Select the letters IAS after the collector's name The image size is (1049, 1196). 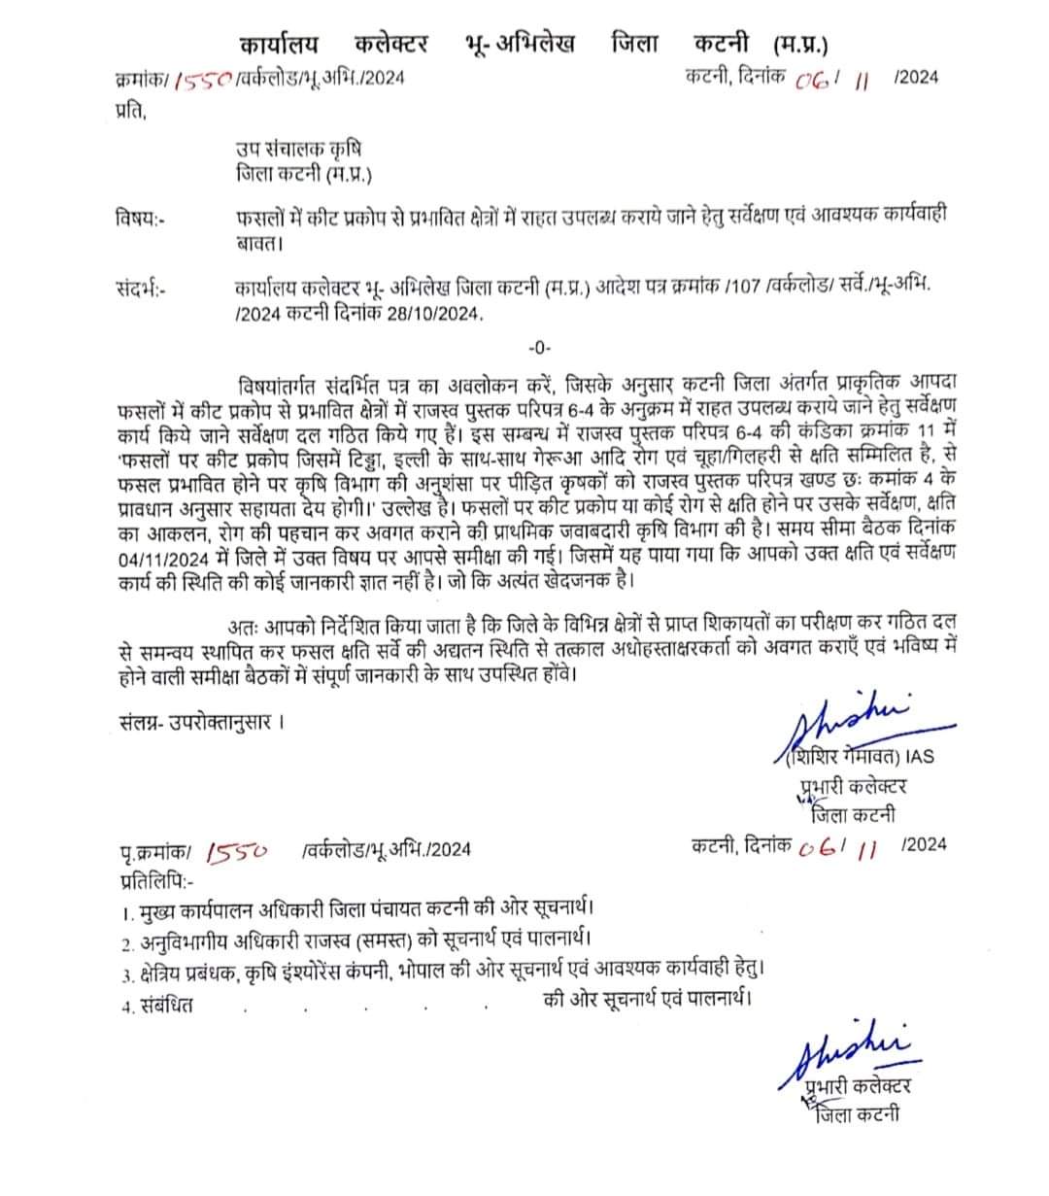coord(920,756)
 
